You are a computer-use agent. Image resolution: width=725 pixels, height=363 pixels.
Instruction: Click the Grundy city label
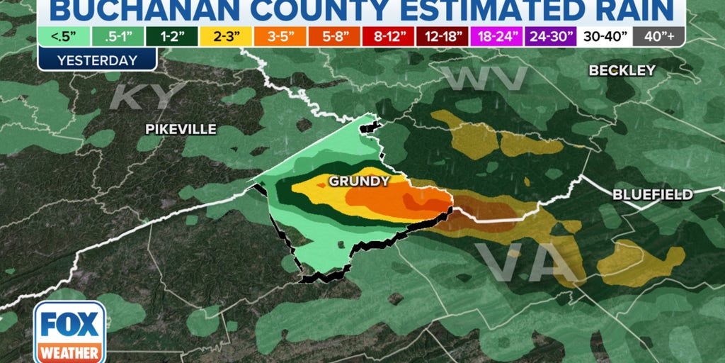[x=358, y=181]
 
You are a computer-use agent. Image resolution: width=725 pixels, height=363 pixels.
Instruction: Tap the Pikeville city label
[x=181, y=129]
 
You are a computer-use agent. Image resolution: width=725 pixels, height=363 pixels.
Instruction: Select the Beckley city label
[x=622, y=70]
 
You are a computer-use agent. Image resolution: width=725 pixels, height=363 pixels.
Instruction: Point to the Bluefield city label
[x=653, y=194]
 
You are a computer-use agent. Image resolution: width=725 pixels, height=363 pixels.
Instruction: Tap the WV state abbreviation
[x=484, y=79]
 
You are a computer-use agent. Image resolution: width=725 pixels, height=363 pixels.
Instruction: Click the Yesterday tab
[x=97, y=60]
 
